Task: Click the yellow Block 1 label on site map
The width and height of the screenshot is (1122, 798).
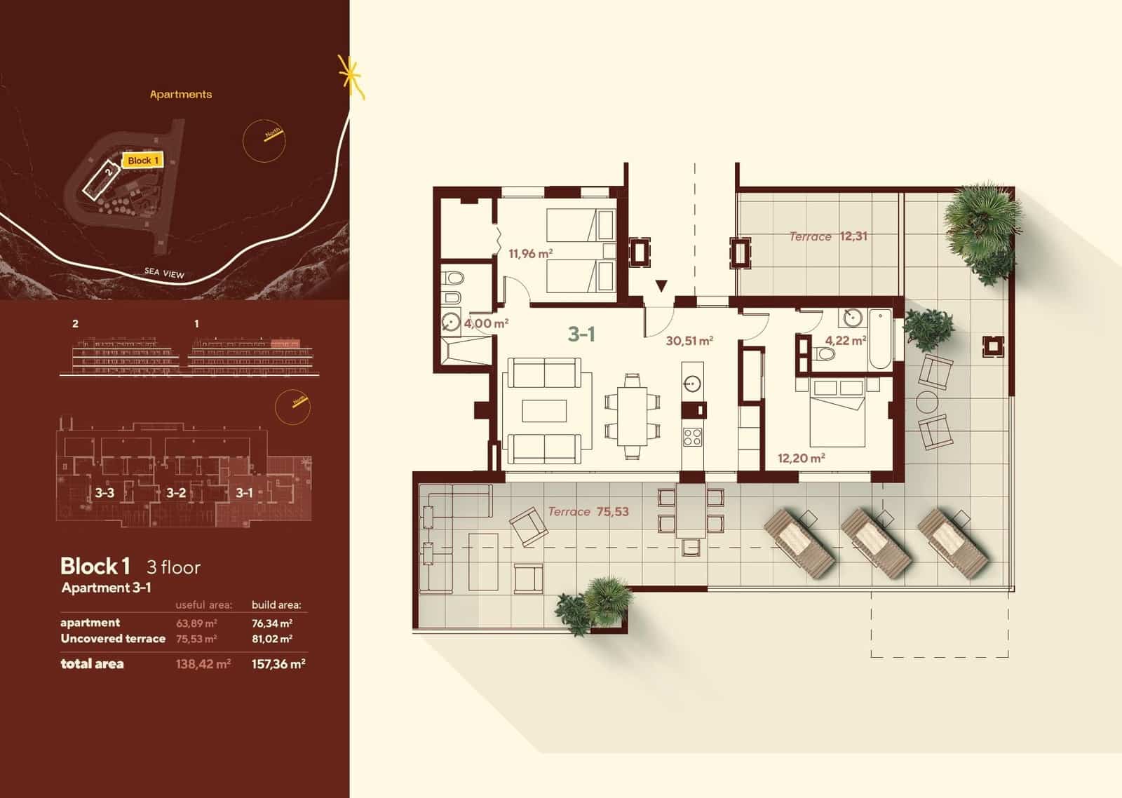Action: (x=143, y=161)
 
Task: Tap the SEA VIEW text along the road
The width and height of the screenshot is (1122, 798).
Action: (x=164, y=273)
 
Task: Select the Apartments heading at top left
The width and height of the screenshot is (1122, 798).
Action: (x=181, y=94)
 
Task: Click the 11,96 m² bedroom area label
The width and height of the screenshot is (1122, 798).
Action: (x=530, y=253)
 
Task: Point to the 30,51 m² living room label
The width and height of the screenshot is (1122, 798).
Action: (x=689, y=341)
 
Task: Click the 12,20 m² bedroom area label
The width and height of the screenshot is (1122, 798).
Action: (x=801, y=459)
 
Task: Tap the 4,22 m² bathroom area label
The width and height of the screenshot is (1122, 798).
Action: (x=845, y=341)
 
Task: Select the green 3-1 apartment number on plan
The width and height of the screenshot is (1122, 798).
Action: (x=581, y=334)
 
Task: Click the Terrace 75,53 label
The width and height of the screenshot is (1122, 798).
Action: (x=588, y=512)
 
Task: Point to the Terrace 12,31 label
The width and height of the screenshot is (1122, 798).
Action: (x=828, y=236)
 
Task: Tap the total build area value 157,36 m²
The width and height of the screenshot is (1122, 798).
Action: (x=278, y=664)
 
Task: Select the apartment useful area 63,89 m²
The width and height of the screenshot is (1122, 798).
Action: (x=196, y=623)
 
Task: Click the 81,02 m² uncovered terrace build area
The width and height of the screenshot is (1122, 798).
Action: (x=272, y=639)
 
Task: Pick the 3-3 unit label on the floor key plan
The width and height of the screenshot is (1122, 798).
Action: (x=104, y=493)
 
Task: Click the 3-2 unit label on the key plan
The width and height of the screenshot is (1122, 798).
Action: (x=176, y=493)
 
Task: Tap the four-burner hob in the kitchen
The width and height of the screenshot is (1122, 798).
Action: (x=693, y=437)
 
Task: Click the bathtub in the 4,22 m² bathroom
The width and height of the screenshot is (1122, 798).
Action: (x=879, y=339)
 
